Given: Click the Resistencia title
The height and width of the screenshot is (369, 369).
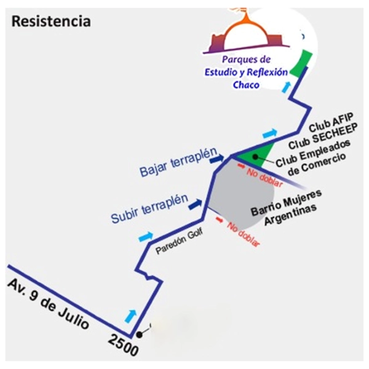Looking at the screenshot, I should tap(51, 21).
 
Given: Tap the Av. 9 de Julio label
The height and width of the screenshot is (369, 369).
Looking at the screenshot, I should tap(49, 305).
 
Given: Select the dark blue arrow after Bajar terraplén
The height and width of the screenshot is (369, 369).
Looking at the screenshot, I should tap(216, 159).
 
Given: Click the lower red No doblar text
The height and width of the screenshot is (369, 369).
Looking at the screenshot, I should tap(244, 234).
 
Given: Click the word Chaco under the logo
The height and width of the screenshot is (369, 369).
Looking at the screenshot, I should tap(246, 84).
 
